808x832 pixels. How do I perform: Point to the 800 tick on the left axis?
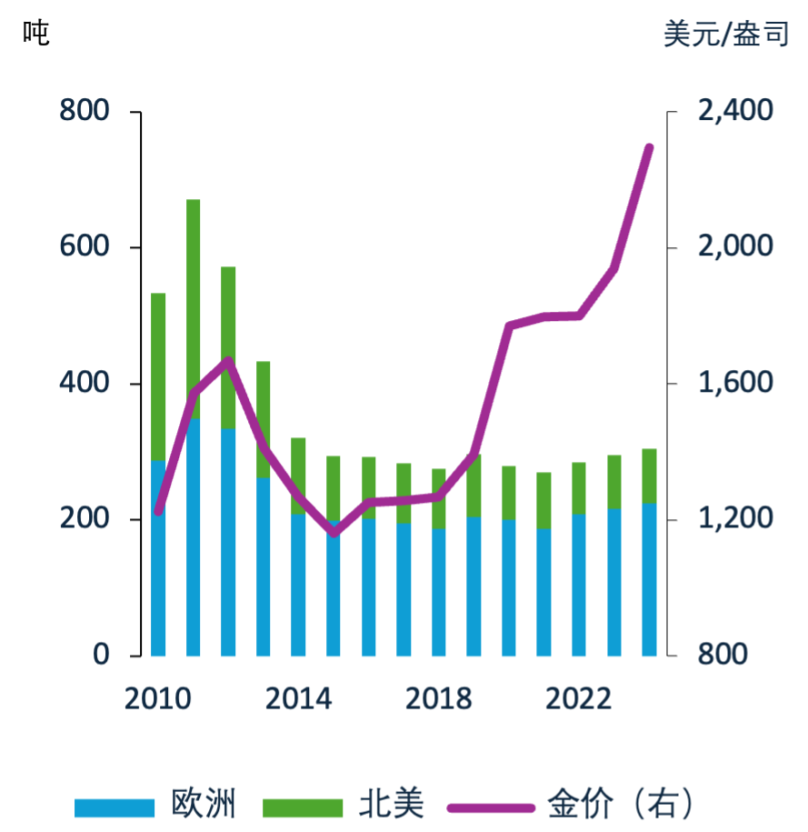84,111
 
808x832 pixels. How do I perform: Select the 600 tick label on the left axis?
84,247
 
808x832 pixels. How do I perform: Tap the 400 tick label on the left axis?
84,383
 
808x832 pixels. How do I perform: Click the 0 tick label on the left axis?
100,655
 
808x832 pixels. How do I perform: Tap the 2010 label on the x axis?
157,698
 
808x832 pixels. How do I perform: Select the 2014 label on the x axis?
298,698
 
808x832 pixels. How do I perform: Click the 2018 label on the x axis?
438,698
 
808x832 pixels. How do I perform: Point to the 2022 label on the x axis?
578,698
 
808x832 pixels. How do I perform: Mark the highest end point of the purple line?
649,146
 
